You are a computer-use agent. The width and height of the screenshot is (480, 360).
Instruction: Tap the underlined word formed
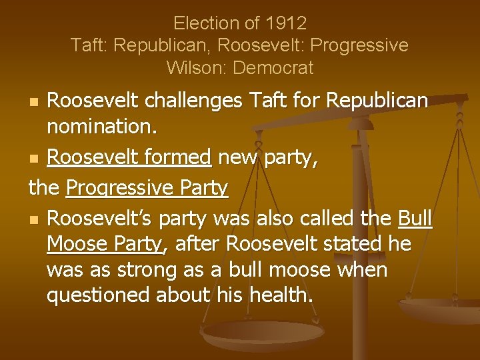pos(179,157)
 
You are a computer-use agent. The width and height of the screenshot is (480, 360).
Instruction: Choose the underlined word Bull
pos(415,218)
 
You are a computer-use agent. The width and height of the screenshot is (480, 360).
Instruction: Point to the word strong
pos(145,269)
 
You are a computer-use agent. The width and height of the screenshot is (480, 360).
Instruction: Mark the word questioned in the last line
pos(99,295)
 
